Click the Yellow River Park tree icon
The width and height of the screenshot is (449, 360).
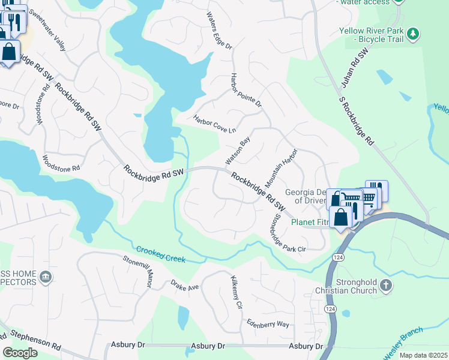pos(412,34)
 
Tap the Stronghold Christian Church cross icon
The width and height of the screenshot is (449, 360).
pos(386,286)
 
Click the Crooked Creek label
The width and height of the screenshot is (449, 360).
pos(160,254)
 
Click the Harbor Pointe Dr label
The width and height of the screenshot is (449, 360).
pos(246,90)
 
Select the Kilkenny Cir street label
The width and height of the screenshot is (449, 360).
pos(236,292)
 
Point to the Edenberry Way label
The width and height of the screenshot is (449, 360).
pos(268,323)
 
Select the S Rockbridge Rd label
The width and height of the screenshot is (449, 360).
pos(356,122)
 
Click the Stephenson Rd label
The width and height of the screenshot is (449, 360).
pos(35,340)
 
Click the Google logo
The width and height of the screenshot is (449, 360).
pos(20,352)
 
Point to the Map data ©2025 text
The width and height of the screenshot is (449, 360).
pos(423,355)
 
